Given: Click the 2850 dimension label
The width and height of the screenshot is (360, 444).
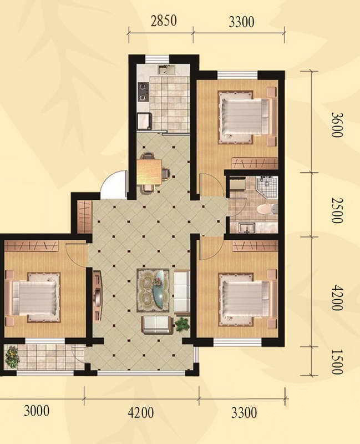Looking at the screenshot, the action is [164, 21].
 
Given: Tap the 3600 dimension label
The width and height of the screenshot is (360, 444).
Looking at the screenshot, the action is [337, 124].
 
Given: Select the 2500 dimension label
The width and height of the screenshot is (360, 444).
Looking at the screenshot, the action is [337, 210].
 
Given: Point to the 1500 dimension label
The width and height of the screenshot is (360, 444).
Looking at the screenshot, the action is [337, 362].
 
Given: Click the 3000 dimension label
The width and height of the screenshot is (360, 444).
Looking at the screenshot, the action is [37, 411].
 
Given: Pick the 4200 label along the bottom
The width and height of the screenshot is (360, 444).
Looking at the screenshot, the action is [141, 412].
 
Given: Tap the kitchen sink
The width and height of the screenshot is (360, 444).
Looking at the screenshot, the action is [165, 70].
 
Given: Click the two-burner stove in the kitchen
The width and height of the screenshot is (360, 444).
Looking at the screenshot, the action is [143, 92].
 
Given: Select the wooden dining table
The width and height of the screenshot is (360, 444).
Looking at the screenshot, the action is [149, 171].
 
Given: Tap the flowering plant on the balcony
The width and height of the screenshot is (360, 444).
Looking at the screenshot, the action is [12, 357].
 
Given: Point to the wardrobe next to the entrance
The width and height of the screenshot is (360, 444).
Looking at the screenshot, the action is [84, 216].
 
